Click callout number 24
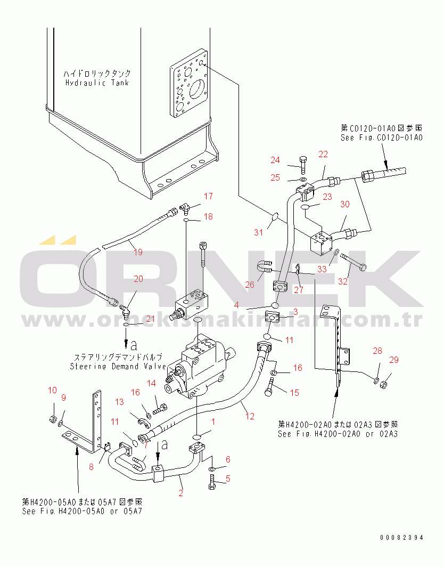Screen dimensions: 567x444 [275, 160]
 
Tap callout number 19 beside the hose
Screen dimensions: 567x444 [138, 252]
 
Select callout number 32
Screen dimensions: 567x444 [343, 281]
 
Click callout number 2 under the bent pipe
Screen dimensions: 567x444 [180, 493]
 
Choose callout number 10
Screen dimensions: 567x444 [52, 390]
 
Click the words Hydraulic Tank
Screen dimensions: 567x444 [97, 83]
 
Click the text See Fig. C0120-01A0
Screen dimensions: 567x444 [381, 137]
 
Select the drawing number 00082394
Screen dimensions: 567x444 [402, 538]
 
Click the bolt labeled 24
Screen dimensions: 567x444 [302, 163]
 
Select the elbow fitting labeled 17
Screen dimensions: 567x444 [184, 205]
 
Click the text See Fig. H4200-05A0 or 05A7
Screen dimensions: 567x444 [83, 511]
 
